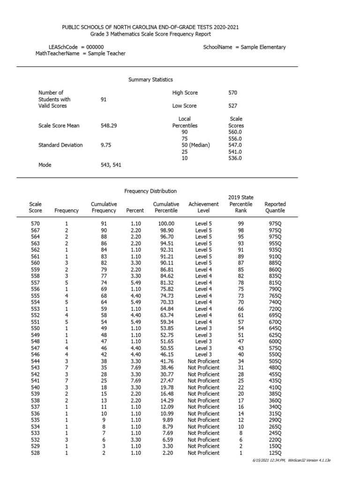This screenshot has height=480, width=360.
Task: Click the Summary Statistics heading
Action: tap(150, 80)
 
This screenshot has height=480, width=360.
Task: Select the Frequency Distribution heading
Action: tap(150, 191)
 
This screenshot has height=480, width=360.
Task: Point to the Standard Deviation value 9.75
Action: tap(106, 145)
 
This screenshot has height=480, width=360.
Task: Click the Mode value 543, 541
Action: tap(111, 165)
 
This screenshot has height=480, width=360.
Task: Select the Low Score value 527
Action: tap(232, 106)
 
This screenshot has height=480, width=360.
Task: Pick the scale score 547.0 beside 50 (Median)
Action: tap(235, 145)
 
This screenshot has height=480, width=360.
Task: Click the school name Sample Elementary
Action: tap(263, 47)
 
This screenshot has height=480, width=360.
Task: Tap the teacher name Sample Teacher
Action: tap(107, 53)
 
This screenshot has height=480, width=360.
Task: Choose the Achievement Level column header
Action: tap(203, 207)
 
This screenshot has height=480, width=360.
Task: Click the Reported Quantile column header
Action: tap(275, 207)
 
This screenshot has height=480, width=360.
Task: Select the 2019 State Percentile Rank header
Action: tap(241, 204)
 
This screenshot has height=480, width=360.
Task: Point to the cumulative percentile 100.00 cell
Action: tap(166, 224)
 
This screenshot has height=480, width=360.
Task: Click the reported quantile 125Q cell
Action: tap(275, 453)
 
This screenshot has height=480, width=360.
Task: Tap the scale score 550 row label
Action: tap(35, 328)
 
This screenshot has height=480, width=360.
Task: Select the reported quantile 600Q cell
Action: tap(275, 341)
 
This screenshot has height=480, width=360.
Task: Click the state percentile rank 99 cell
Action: tap(241, 224)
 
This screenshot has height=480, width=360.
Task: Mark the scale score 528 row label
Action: tap(35, 453)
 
